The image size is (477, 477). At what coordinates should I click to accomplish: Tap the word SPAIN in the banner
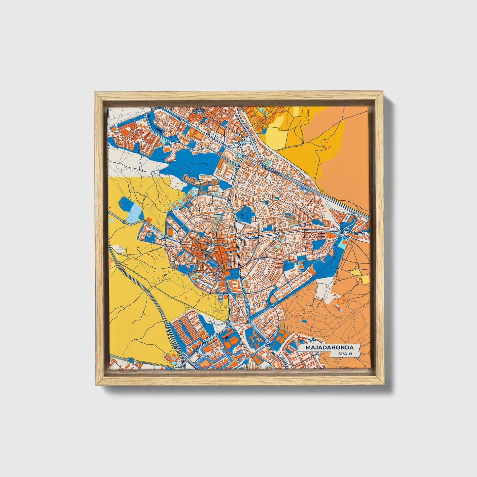(345, 354)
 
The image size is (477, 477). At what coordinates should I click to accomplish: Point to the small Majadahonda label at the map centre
(216, 244)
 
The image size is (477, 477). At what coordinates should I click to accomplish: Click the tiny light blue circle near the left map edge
(112, 220)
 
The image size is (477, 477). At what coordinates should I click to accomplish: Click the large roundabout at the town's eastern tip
(342, 231)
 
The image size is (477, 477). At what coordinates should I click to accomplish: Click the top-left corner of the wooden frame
(95, 93)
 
